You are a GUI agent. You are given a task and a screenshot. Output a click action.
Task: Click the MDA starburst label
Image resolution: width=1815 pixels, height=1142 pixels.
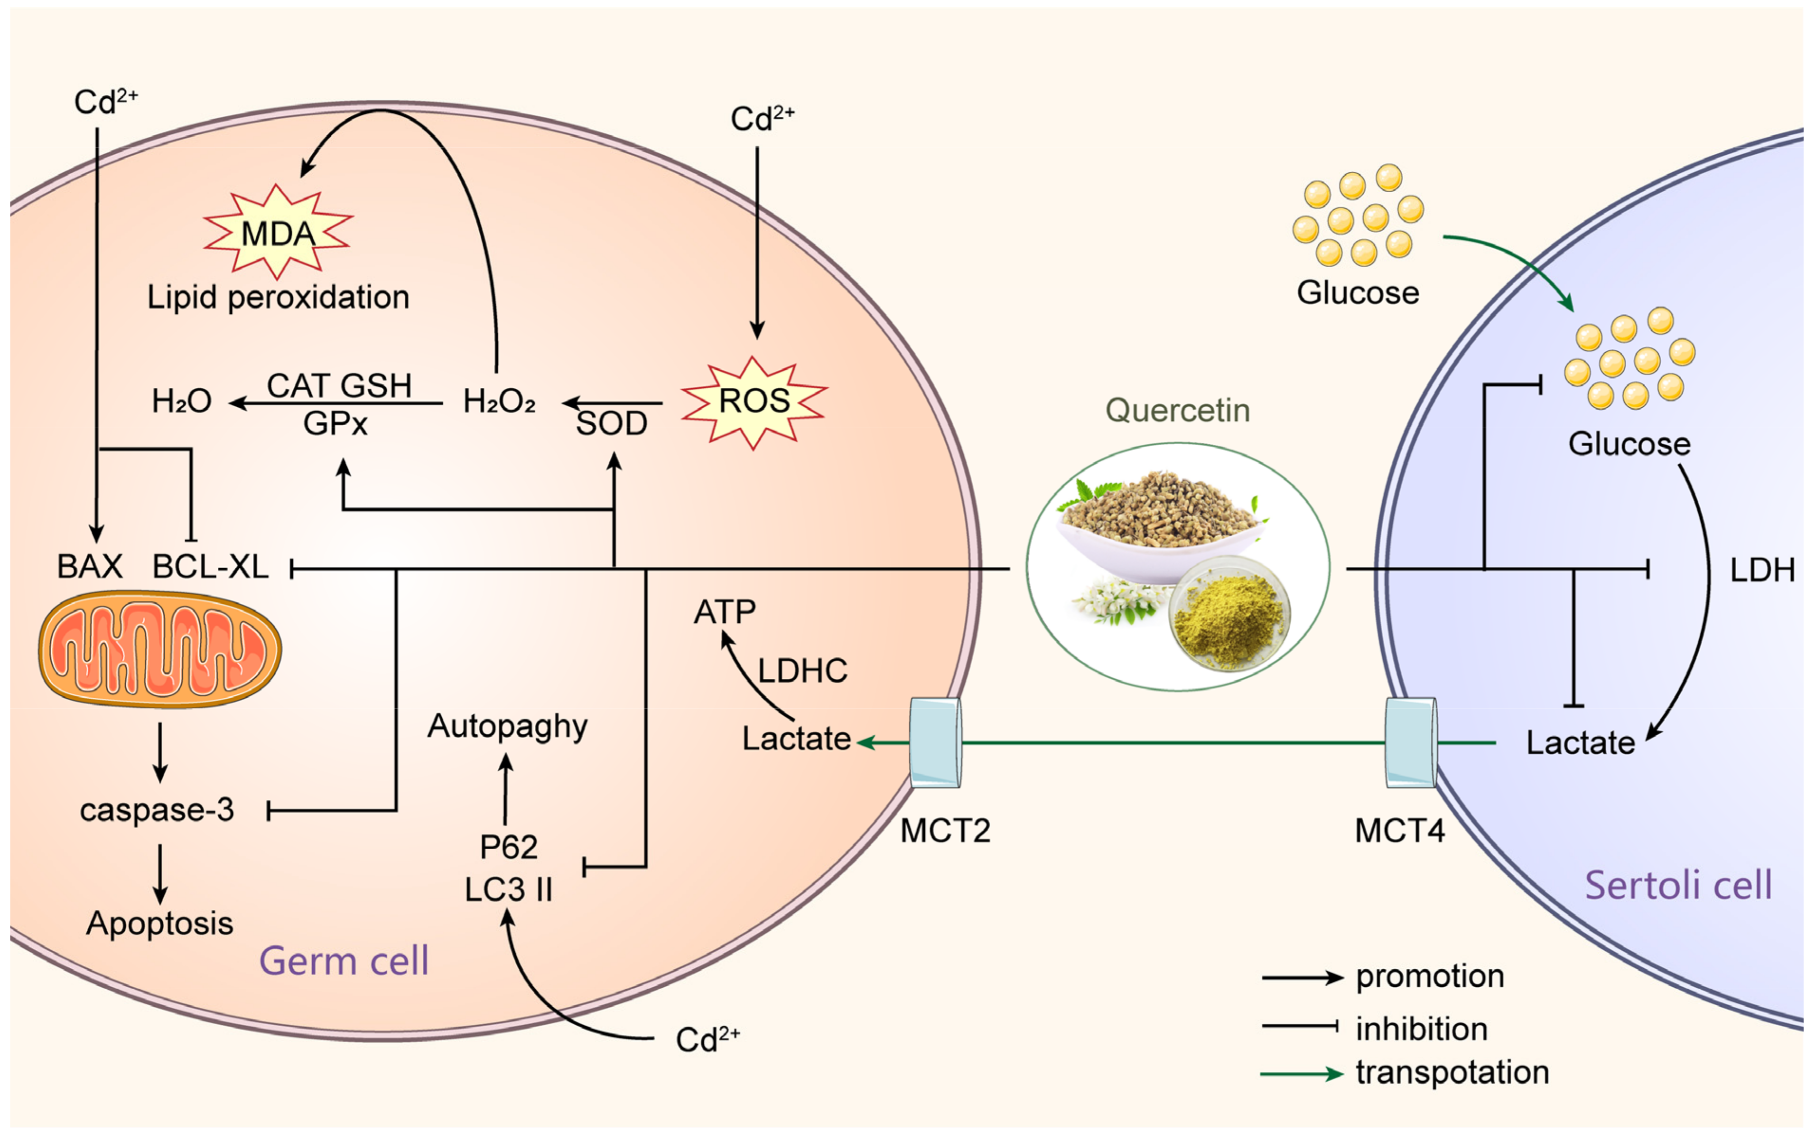278,234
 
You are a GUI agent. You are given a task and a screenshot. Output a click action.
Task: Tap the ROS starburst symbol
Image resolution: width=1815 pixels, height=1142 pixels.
754,401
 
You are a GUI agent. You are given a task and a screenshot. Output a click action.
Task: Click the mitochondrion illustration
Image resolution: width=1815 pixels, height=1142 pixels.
160,650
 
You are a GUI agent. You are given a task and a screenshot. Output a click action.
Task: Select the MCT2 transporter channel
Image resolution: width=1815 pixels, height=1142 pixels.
935,742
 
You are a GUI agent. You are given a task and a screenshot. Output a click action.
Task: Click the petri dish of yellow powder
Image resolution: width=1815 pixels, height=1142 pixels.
1229,614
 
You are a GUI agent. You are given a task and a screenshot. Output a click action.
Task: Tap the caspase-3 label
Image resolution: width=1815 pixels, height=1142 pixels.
157,810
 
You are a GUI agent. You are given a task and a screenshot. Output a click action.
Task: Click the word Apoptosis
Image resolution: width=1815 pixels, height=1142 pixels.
160,923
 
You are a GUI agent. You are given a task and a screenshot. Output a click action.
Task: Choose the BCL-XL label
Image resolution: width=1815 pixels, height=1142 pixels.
210,567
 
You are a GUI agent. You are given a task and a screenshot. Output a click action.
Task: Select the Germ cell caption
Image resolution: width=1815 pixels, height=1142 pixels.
344,961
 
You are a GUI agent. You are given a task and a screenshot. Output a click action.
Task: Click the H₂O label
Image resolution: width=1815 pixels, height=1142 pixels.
181,401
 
